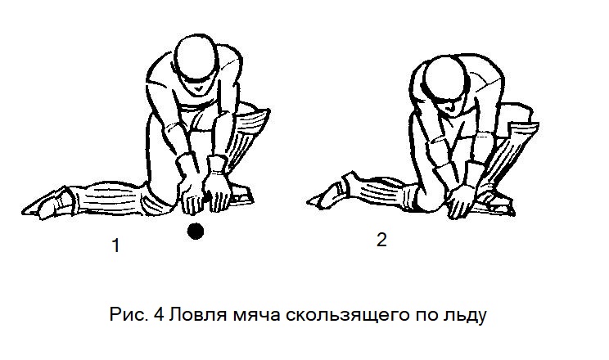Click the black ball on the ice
point(196,231)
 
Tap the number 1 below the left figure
point(115,245)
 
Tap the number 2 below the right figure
point(381,240)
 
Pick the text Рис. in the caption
point(129,314)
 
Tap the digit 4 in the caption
point(160,314)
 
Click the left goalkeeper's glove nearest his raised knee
point(219,184)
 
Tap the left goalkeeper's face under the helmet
point(198,86)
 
